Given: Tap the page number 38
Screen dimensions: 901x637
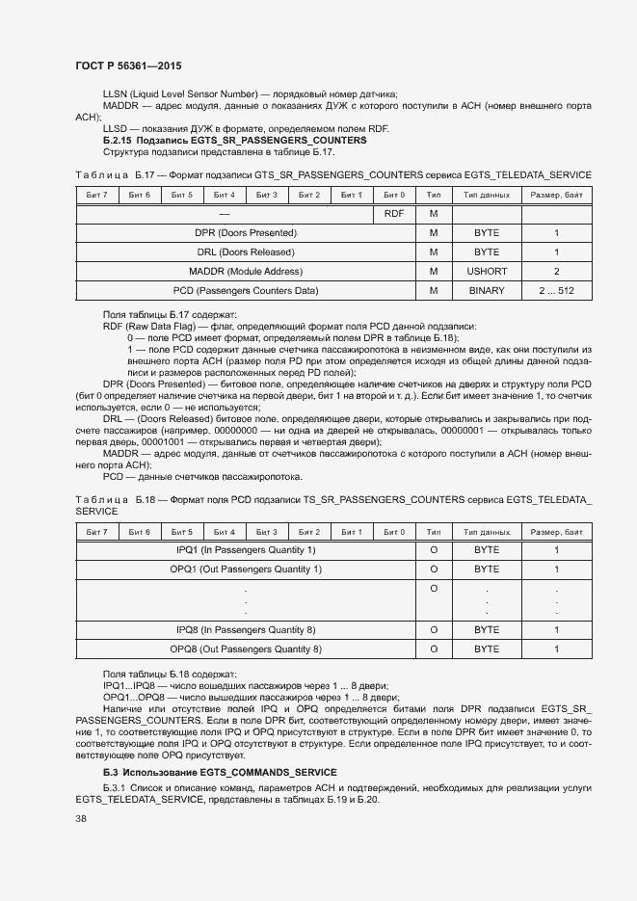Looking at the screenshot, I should pyautogui.click(x=81, y=818).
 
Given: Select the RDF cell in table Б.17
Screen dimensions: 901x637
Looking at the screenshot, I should pyautogui.click(x=393, y=213).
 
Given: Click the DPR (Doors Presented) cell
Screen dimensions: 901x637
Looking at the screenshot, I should pyautogui.click(x=245, y=233).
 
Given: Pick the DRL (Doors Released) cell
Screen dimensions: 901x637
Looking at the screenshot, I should pyautogui.click(x=245, y=252).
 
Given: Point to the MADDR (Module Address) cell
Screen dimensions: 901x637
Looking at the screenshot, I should pyautogui.click(x=245, y=272).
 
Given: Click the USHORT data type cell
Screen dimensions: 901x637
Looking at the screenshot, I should pyautogui.click(x=487, y=272).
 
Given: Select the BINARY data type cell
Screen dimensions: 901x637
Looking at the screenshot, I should pyautogui.click(x=487, y=291).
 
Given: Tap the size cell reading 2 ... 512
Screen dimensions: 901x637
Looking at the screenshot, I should pyautogui.click(x=556, y=291).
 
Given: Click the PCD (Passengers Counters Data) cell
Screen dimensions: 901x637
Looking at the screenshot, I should pyautogui.click(x=245, y=291).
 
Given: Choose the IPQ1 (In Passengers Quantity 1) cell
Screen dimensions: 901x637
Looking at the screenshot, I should pyautogui.click(x=245, y=550).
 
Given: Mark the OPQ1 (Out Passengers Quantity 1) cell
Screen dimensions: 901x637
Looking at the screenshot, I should pyautogui.click(x=245, y=570).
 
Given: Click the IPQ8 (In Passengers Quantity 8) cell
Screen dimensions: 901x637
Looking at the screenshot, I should pyautogui.click(x=245, y=630).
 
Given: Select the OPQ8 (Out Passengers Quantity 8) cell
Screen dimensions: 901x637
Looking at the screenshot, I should pyautogui.click(x=245, y=649).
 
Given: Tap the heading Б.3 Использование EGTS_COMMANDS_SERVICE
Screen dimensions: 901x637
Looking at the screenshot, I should pyautogui.click(x=220, y=773).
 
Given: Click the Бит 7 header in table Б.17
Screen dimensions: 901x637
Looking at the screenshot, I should pyautogui.click(x=96, y=195).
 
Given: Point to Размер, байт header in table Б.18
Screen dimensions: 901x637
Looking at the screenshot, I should pyautogui.click(x=556, y=532).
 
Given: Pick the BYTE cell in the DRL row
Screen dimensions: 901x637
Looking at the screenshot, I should pyautogui.click(x=487, y=252).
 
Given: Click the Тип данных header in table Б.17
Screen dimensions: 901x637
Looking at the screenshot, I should pyautogui.click(x=487, y=195).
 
